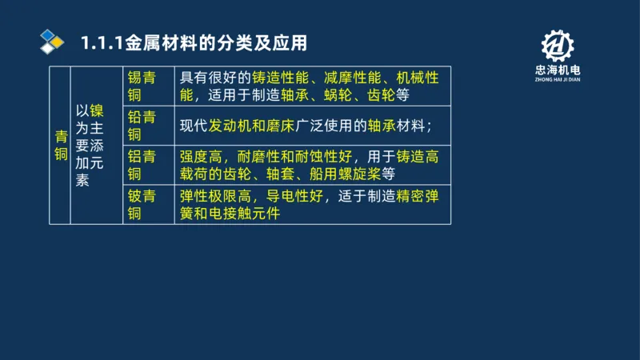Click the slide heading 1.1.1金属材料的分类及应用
194,42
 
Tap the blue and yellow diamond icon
52,41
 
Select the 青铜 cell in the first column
60,145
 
